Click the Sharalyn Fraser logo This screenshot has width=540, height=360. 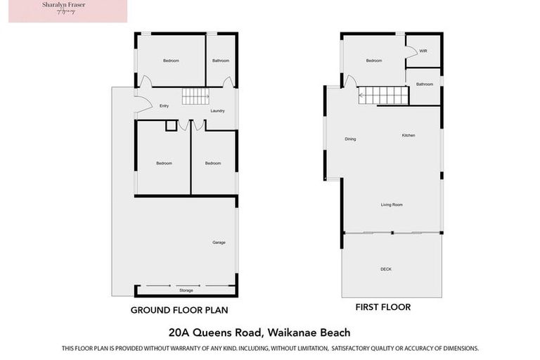tap(68, 11)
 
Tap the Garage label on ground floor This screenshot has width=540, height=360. tap(219, 243)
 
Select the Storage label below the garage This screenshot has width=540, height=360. tap(186, 290)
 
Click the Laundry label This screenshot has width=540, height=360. tap(217, 110)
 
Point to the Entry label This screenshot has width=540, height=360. tap(164, 106)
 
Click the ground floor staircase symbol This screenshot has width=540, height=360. tap(195, 96)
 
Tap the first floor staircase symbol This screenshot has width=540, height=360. tap(383, 95)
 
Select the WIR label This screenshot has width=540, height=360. tap(423, 51)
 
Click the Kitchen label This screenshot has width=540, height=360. tap(409, 135)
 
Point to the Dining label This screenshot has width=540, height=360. tap(350, 139)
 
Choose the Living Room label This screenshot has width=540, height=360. tap(392, 205)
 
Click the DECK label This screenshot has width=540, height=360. tap(386, 269)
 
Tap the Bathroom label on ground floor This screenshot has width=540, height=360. tap(221, 60)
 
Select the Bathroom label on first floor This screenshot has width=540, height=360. tap(424, 84)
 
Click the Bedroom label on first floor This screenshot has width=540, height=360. tap(373, 60)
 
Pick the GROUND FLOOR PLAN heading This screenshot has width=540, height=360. tap(179, 309)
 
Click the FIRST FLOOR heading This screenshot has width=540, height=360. tap(382, 307)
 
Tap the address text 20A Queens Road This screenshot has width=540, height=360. tap(269, 332)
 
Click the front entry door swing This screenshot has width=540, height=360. tap(143, 105)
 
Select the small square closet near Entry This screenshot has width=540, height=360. tap(171, 126)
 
